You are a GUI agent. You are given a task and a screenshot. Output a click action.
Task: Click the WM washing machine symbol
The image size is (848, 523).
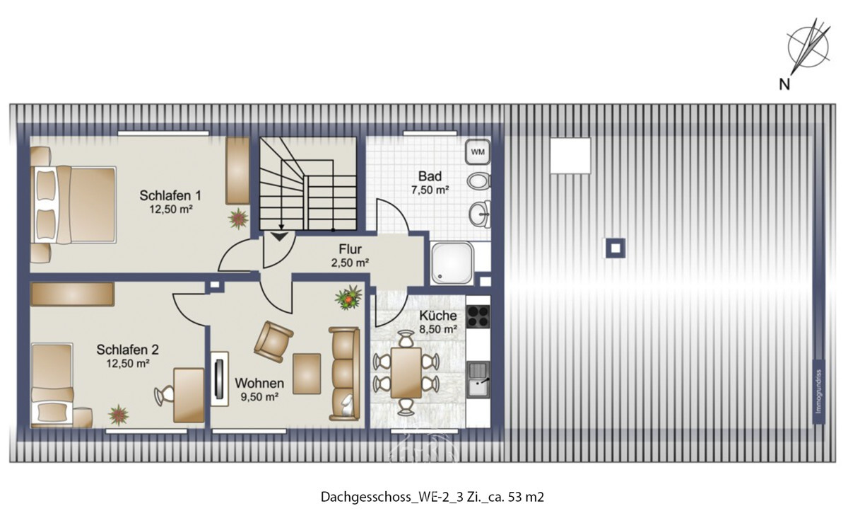(478, 151)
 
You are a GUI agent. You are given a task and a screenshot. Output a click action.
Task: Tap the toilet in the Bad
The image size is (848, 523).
(480, 180)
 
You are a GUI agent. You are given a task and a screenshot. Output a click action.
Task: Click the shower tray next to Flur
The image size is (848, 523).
(452, 263)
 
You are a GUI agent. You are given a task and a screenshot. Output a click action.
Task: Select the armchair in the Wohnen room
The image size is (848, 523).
(273, 338)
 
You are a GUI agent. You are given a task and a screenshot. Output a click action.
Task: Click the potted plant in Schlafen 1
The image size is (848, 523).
(237, 217)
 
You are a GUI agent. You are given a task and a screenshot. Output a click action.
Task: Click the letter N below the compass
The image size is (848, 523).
(784, 86)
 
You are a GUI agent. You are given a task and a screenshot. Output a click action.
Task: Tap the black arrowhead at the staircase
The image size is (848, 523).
(281, 236)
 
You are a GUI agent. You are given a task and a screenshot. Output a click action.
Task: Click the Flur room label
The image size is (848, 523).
(351, 248)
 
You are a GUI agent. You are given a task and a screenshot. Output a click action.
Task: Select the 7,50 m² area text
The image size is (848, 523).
(430, 190)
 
